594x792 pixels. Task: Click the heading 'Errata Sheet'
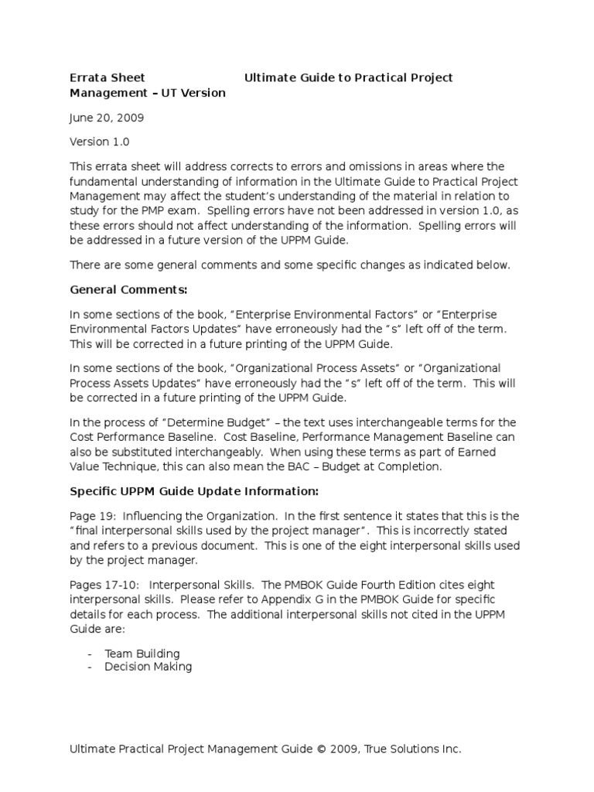point(108,77)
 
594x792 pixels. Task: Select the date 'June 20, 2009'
point(107,118)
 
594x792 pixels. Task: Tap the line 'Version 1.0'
point(100,142)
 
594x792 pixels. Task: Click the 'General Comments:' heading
point(128,290)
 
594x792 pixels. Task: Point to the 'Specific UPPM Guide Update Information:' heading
point(193,492)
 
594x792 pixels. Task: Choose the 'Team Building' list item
point(142,654)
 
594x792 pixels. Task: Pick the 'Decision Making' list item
point(148,667)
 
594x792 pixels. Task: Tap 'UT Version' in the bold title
point(194,93)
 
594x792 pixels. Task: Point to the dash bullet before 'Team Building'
point(91,654)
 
